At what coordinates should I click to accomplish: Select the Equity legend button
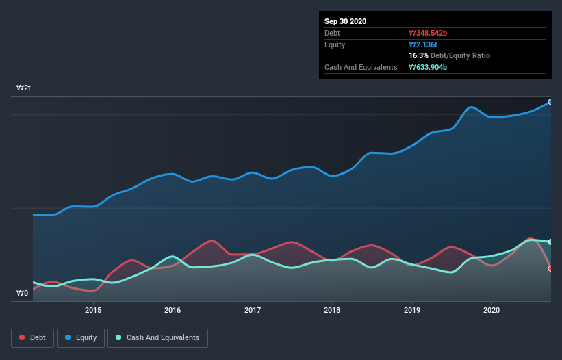coord(81,337)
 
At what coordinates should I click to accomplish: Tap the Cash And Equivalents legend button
coord(157,337)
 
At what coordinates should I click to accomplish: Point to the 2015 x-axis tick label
coord(93,310)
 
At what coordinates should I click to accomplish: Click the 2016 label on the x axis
coord(173,310)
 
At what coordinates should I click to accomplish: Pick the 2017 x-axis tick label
coord(253,310)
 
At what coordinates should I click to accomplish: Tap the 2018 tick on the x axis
coord(332,310)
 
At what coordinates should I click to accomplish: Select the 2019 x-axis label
coord(412,310)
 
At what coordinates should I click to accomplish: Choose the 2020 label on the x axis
coord(491,310)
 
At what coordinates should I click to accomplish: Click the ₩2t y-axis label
coord(24,88)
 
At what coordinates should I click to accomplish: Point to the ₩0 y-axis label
coord(23,294)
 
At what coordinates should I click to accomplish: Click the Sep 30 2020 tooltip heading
coord(345,21)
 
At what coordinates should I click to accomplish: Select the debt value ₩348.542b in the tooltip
coord(428,33)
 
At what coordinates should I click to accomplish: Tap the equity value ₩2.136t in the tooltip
coord(423,44)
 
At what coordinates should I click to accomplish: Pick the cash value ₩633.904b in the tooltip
coord(428,67)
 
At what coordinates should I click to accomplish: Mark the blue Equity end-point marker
coord(550,102)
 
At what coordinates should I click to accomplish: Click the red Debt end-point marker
coord(550,268)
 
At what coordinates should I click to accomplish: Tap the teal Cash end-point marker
coord(550,242)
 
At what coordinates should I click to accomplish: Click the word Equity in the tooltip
coord(335,44)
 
